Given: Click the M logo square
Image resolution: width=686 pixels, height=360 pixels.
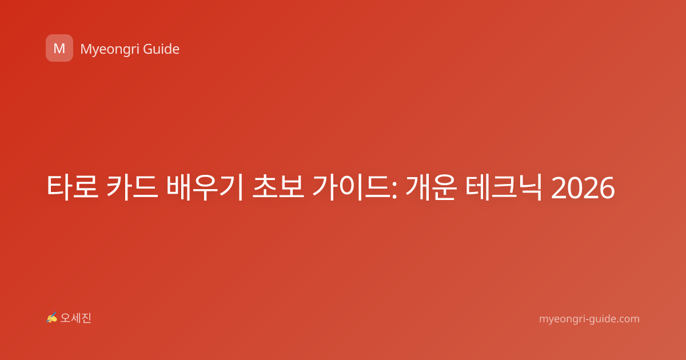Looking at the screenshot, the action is click(59, 48).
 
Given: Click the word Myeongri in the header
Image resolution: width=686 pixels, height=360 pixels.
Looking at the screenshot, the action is click(109, 50).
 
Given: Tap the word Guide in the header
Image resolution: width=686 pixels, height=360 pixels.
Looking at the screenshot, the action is click(161, 49).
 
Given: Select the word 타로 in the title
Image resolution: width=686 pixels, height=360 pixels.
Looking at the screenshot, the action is click(73, 187).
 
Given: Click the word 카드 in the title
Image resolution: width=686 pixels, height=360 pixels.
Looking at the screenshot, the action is click(133, 187).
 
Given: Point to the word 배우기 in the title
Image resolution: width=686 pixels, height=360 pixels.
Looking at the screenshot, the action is click(205, 187).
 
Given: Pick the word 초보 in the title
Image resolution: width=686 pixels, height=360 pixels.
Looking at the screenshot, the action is click(278, 187).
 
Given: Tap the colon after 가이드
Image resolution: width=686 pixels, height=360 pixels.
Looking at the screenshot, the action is click(394, 190).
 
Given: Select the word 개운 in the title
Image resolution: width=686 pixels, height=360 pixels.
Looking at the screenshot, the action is click(431, 187).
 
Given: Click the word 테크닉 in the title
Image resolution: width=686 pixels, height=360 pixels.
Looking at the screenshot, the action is click(504, 187).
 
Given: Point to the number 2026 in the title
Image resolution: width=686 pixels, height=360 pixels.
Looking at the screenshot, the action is click(583, 188).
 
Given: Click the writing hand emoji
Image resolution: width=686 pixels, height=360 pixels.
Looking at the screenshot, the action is click(52, 318).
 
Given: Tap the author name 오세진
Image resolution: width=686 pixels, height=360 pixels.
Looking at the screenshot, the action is click(75, 318).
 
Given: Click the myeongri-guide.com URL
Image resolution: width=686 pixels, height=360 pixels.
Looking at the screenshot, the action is click(589, 319).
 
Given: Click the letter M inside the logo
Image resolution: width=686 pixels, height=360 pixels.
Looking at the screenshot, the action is click(59, 49).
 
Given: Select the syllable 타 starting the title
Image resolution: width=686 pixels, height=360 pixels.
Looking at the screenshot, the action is click(59, 187).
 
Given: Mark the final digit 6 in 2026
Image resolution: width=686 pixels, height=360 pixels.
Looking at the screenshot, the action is click(607, 188).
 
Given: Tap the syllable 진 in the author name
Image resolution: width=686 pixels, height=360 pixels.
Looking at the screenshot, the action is click(86, 318).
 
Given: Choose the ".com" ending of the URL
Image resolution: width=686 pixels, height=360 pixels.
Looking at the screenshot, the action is click(628, 319).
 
